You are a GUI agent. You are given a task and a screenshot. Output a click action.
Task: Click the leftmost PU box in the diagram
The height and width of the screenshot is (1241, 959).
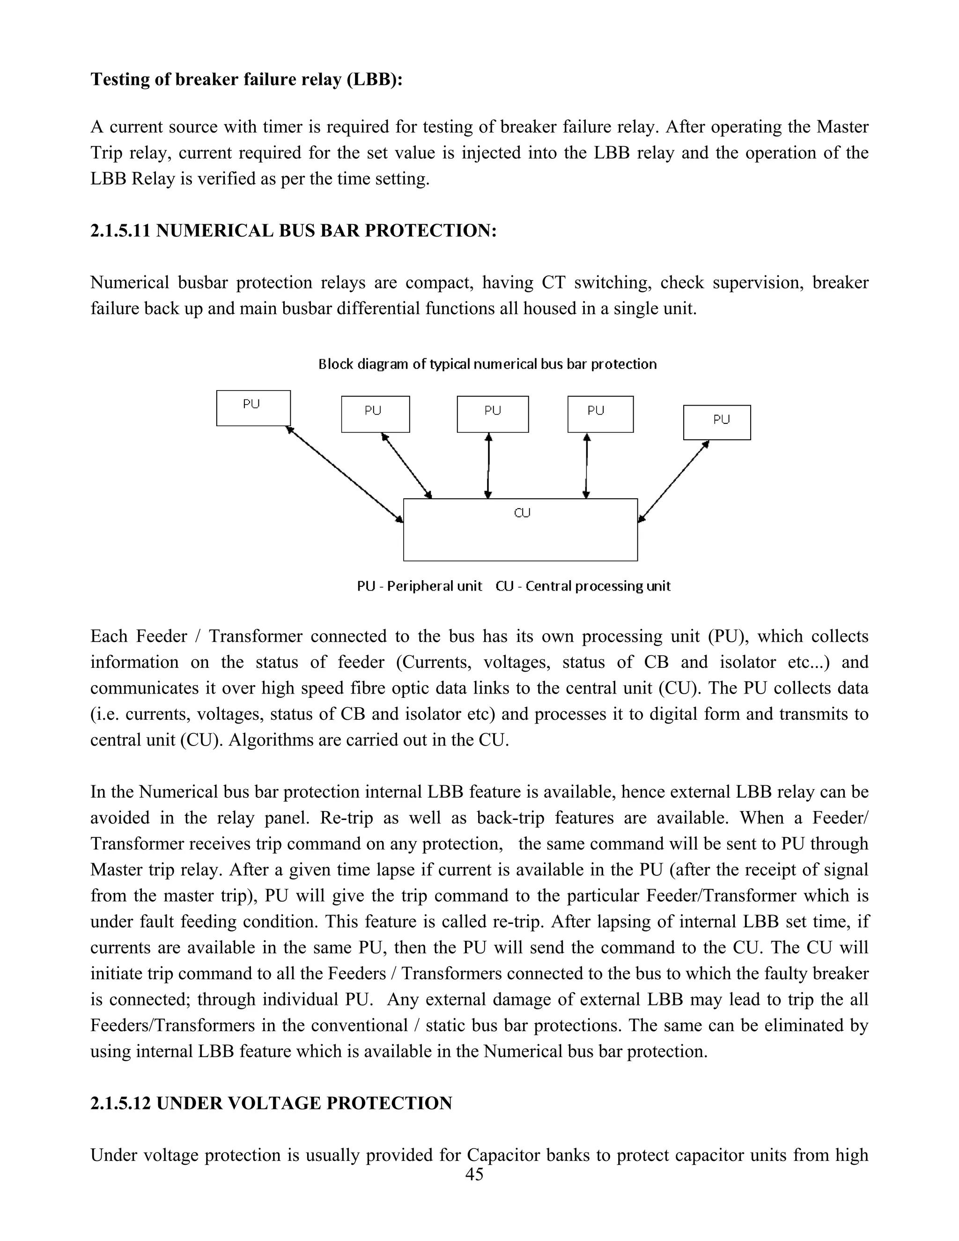253,408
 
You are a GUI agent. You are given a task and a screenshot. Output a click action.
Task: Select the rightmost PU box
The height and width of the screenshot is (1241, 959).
717,422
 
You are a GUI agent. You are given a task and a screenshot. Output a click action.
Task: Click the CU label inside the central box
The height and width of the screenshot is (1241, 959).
522,513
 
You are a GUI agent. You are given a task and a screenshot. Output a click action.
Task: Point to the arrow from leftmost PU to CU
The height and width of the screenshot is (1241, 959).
344,473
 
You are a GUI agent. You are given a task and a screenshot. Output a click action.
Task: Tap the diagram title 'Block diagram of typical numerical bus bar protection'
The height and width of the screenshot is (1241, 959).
487,364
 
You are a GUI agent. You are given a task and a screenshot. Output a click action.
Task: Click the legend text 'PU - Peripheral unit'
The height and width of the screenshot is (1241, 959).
419,586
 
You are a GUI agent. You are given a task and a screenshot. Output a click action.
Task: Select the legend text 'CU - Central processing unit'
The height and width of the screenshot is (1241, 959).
583,586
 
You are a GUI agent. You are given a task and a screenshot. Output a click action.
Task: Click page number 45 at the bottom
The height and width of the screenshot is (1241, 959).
474,1175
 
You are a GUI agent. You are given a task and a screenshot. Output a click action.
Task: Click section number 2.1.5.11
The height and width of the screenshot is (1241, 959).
120,231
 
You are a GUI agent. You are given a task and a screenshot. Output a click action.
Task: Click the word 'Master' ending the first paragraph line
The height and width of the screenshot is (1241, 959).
842,127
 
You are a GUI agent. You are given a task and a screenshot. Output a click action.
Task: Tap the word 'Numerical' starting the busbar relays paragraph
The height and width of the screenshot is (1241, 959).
128,282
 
